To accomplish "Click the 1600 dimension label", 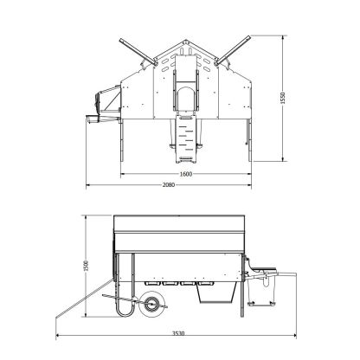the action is [x=185, y=174].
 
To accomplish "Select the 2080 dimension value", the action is [x=169, y=185].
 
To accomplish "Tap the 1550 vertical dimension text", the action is [x=282, y=98].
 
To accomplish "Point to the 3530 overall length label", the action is [x=178, y=333].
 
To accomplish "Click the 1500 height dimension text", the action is [x=86, y=266].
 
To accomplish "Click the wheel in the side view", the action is [x=151, y=304].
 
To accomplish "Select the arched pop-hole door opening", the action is [x=186, y=99].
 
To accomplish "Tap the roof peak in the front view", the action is [x=186, y=42].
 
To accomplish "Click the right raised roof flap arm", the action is [x=234, y=49].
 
